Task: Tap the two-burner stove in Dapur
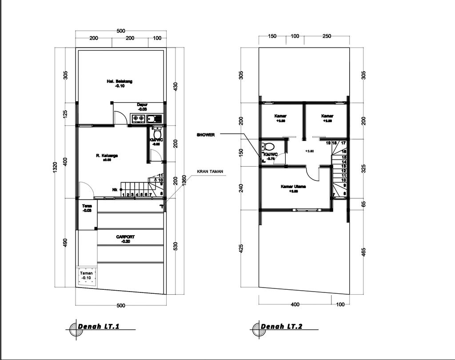tap(138, 118)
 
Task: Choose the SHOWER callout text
tap(206, 135)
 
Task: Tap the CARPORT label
tap(125, 237)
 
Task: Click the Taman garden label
tap(86, 273)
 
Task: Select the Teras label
tap(87, 206)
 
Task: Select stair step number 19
tap(328, 143)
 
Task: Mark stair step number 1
tap(123, 195)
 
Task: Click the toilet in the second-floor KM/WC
tap(269, 147)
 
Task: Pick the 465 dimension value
tap(363, 252)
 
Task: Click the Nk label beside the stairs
tap(115, 190)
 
